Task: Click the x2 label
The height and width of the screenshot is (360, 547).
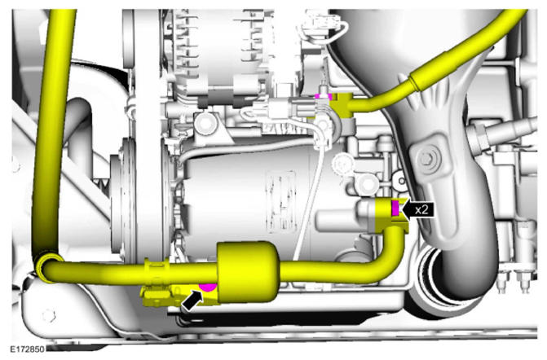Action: pyautogui.click(x=421, y=209)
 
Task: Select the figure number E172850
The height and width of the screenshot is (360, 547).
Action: pyautogui.click(x=27, y=349)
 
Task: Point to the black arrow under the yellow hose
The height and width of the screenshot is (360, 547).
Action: pyautogui.click(x=192, y=301)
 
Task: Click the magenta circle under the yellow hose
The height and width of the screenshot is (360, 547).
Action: pyautogui.click(x=208, y=287)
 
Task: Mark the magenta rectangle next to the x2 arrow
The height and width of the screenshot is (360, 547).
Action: pyautogui.click(x=395, y=209)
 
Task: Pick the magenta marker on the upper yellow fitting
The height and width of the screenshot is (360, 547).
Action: pyautogui.click(x=322, y=97)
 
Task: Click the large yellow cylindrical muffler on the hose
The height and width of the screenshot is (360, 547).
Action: pyautogui.click(x=248, y=271)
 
